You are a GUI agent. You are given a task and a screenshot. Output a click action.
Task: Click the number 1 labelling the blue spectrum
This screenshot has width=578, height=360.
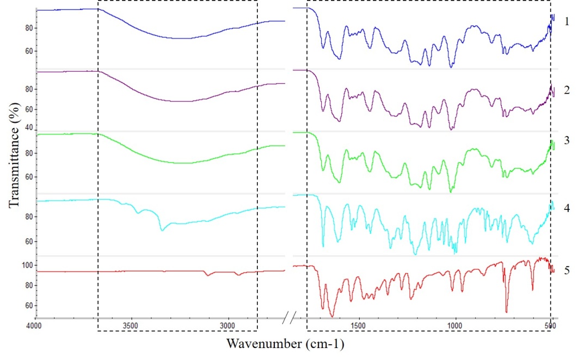coord(567,22)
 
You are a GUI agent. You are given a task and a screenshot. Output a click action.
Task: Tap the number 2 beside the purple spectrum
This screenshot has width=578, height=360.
coord(567,89)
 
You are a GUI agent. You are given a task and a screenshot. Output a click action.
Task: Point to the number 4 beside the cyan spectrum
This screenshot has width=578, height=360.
coord(567,208)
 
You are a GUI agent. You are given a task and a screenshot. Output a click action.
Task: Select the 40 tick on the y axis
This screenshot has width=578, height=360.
coord(29,127)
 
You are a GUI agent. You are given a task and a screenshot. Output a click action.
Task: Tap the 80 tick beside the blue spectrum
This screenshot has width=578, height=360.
coord(29,28)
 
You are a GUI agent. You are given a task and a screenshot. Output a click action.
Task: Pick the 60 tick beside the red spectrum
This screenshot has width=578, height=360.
coord(29,306)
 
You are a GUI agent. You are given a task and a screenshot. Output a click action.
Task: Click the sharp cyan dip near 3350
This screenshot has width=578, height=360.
coord(162,230)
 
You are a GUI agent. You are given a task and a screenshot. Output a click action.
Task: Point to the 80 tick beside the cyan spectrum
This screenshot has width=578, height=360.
coord(29,216)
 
